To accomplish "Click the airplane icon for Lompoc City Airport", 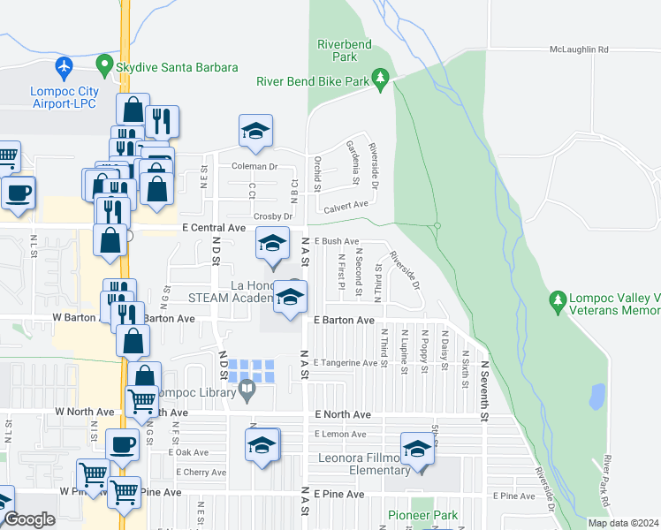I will [x=64, y=67].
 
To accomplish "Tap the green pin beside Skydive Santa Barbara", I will [x=104, y=67].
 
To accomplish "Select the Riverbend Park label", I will [x=337, y=50].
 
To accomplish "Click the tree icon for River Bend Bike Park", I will [x=381, y=80].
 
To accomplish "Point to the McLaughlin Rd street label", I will [x=579, y=50].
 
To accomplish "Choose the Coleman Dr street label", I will [x=255, y=166].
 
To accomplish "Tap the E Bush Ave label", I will [x=337, y=241].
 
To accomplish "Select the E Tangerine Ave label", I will [x=345, y=363].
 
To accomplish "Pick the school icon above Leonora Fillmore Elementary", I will [x=418, y=448].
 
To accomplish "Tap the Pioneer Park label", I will [x=422, y=515].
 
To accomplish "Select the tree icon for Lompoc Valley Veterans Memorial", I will [x=558, y=303].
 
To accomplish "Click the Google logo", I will [x=29, y=520].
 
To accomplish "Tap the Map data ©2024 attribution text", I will [x=622, y=523].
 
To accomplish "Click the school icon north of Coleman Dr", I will [x=255, y=132].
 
